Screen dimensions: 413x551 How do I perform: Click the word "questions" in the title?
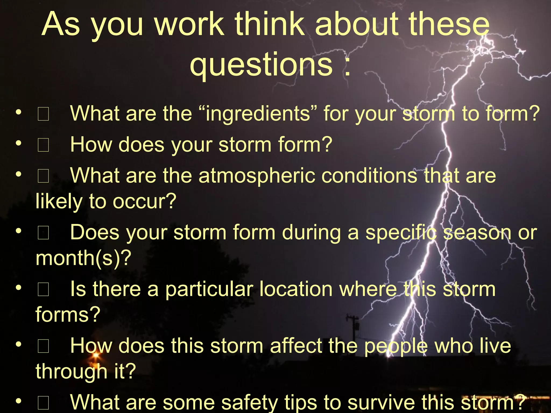(x=261, y=65)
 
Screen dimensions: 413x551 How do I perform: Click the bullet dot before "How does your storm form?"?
(x=18, y=143)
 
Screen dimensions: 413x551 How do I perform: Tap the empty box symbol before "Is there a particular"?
(x=43, y=290)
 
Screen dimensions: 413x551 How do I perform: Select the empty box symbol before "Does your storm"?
(x=43, y=233)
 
